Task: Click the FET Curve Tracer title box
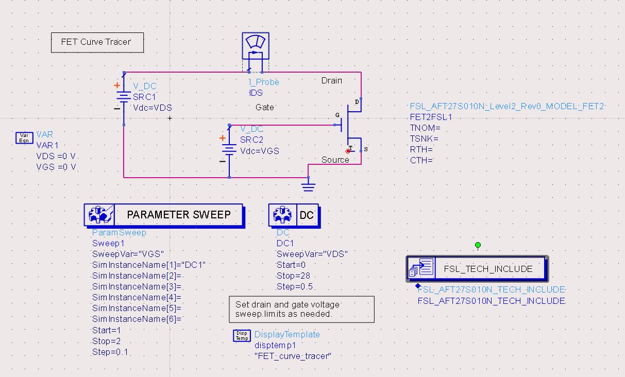[97, 42]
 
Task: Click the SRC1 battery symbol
[124, 98]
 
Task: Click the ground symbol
[308, 185]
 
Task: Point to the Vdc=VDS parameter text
[153, 108]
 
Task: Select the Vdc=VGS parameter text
[259, 151]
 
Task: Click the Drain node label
[331, 80]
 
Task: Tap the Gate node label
[264, 107]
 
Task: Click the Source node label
[335, 160]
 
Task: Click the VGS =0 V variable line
[56, 167]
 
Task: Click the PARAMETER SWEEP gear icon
[98, 215]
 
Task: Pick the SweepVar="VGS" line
[128, 254]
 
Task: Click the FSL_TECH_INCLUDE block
[477, 268]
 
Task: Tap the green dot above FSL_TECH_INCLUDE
[478, 245]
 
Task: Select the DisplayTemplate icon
[242, 335]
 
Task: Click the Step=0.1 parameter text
[110, 352]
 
